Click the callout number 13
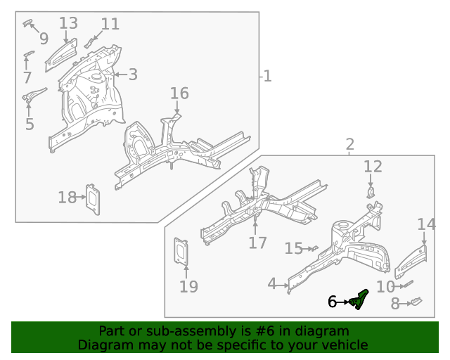tap(68, 23)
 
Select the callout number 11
tap(110, 24)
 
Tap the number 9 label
tap(44, 38)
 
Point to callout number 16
tap(179, 94)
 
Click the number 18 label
tap(67, 198)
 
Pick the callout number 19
tap(188, 286)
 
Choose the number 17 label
tap(257, 243)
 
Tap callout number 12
tap(373, 167)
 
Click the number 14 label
tap(426, 224)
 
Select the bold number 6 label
tap(332, 302)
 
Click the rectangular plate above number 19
tap(183, 252)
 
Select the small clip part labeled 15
tap(314, 247)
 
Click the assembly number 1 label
tap(267, 75)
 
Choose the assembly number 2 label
tap(349, 145)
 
